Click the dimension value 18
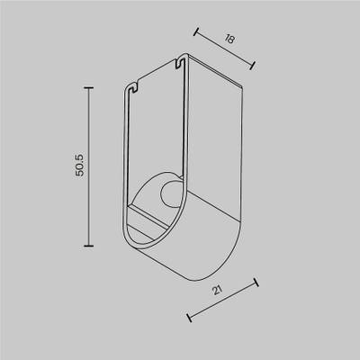[x=229, y=39]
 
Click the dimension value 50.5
[x=80, y=165]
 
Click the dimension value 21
[x=217, y=290]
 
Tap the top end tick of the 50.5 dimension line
[x=88, y=88]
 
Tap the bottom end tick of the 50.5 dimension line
[x=88, y=246]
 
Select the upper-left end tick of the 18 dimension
[x=196, y=31]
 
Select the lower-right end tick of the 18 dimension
[x=253, y=66]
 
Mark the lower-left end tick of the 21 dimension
[x=189, y=318]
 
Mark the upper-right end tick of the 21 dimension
[x=256, y=282]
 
